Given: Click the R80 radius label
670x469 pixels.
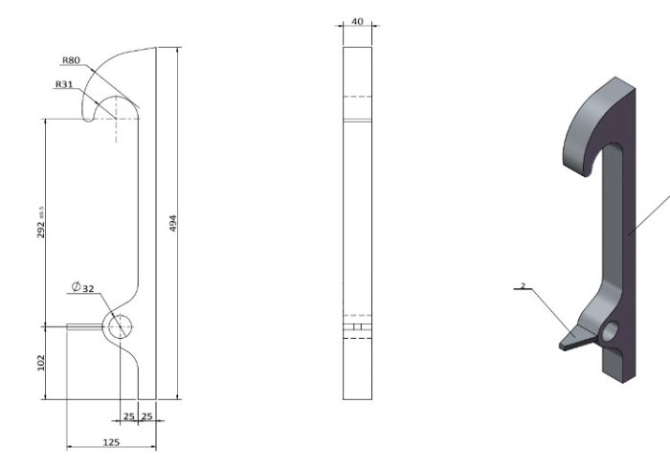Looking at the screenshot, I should (x=71, y=60).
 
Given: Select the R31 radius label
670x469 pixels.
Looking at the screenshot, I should (x=64, y=84).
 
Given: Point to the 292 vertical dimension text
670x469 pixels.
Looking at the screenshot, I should (x=41, y=222).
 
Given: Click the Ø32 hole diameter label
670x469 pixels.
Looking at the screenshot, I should (x=82, y=287).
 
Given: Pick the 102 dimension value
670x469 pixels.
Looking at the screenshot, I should (x=41, y=363).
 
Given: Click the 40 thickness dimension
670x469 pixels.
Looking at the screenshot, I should (x=357, y=21).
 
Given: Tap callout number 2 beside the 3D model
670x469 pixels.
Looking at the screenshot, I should (x=523, y=285).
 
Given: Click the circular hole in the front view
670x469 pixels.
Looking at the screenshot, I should (x=120, y=326).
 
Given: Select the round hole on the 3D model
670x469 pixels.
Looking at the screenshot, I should (x=610, y=331).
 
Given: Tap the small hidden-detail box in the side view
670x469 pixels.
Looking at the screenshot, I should (x=357, y=326).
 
